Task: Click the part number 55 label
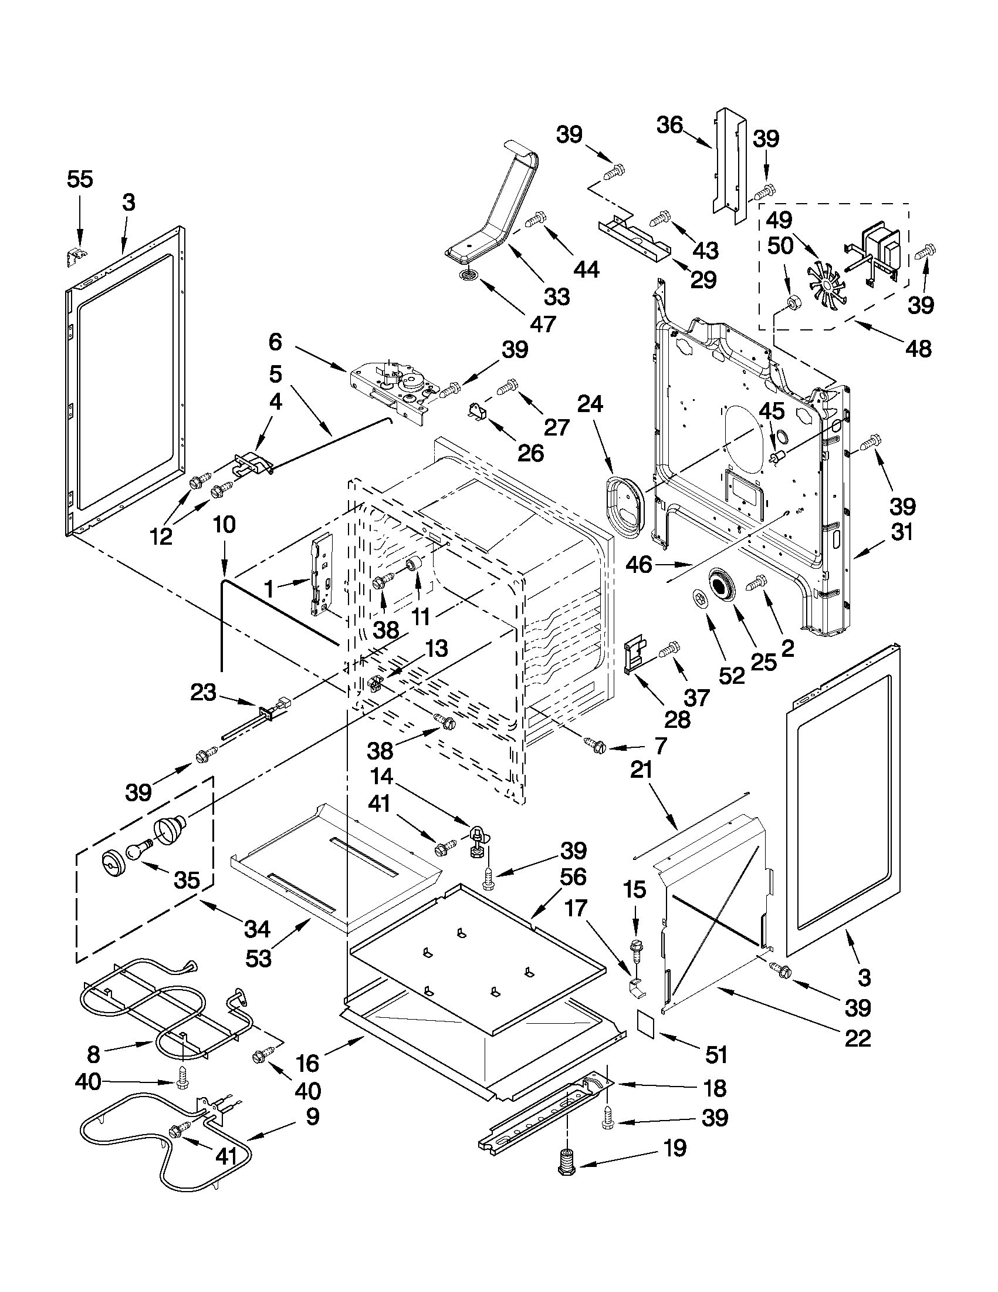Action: click(x=80, y=178)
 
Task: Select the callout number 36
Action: click(x=670, y=126)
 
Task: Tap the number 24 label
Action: click(x=590, y=404)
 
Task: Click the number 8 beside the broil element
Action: click(x=93, y=1054)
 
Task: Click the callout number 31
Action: click(x=902, y=532)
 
